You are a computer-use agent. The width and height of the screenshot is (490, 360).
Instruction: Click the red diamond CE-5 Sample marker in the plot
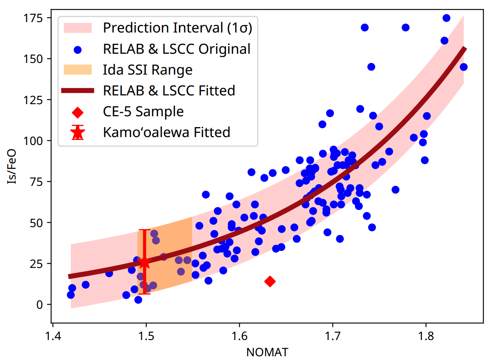click(270, 281)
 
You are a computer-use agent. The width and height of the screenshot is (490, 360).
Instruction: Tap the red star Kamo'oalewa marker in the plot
click(144, 262)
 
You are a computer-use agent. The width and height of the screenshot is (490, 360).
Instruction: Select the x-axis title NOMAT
click(267, 352)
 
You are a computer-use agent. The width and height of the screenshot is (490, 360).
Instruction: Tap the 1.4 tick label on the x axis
click(53, 336)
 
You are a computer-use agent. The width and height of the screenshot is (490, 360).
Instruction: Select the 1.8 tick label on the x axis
click(426, 336)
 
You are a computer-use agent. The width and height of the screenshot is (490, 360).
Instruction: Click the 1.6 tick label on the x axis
click(239, 336)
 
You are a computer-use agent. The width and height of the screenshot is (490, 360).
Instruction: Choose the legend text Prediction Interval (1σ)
click(178, 28)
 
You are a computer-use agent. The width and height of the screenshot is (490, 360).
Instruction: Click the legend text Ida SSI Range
click(148, 70)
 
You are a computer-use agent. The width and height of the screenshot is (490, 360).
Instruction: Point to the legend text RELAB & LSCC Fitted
click(169, 90)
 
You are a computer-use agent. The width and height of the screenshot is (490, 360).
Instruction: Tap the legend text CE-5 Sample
click(143, 111)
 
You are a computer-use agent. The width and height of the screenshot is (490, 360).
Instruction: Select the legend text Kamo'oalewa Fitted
click(166, 132)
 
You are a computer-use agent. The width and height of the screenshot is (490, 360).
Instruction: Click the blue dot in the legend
click(77, 49)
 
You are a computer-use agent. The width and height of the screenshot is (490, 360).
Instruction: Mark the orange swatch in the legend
click(77, 70)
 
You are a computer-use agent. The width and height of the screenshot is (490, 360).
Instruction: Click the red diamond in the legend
click(77, 112)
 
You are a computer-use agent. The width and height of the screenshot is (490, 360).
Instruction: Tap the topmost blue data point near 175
click(446, 18)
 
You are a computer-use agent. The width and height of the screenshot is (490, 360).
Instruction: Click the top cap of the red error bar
click(144, 230)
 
